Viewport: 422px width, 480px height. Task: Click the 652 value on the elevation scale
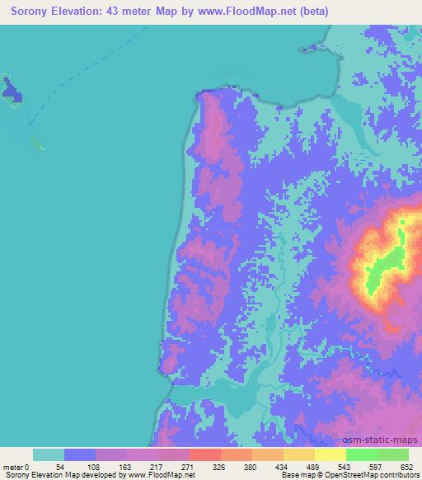click(x=407, y=466)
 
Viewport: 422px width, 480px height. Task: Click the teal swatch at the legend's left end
click(x=49, y=454)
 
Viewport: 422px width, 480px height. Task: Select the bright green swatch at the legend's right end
click(x=392, y=454)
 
